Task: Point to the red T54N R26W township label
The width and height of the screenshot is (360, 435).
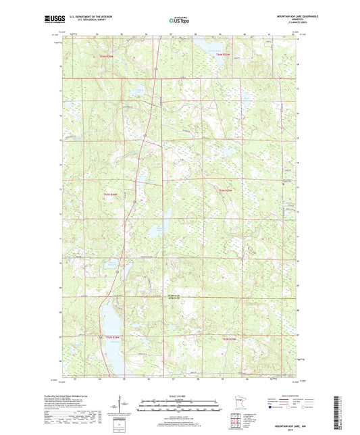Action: (x=103, y=55)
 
